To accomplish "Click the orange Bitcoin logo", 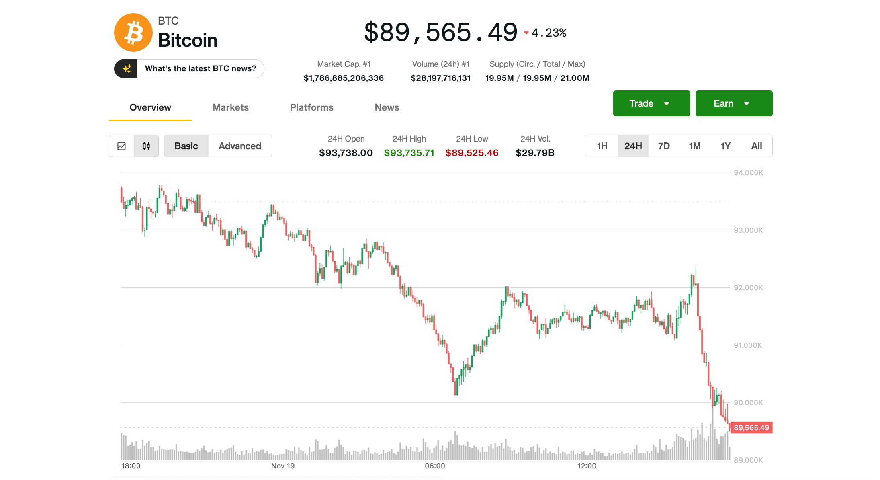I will [x=133, y=33].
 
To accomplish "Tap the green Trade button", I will [x=651, y=103].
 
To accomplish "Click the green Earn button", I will [x=733, y=103].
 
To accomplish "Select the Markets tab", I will [x=230, y=107].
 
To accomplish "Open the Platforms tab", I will [x=311, y=107].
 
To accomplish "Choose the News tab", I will [x=387, y=107].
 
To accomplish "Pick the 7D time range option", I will [x=664, y=146].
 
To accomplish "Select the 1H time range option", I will [x=602, y=146].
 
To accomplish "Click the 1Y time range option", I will [x=725, y=146].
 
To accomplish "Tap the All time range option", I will [x=756, y=146].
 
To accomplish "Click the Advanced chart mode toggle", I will [x=239, y=146].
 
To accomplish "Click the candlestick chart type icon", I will [x=146, y=146].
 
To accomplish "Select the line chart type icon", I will [x=121, y=146].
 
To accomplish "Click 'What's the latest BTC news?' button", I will [x=200, y=69].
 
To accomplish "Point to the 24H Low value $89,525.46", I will [x=472, y=153].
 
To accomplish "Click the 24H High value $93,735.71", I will [x=409, y=153].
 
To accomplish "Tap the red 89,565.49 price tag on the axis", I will [x=751, y=428].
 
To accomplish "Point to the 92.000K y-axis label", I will [x=748, y=288].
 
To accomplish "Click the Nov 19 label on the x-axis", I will [x=282, y=466].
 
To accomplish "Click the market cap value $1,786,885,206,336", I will [x=344, y=78].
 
